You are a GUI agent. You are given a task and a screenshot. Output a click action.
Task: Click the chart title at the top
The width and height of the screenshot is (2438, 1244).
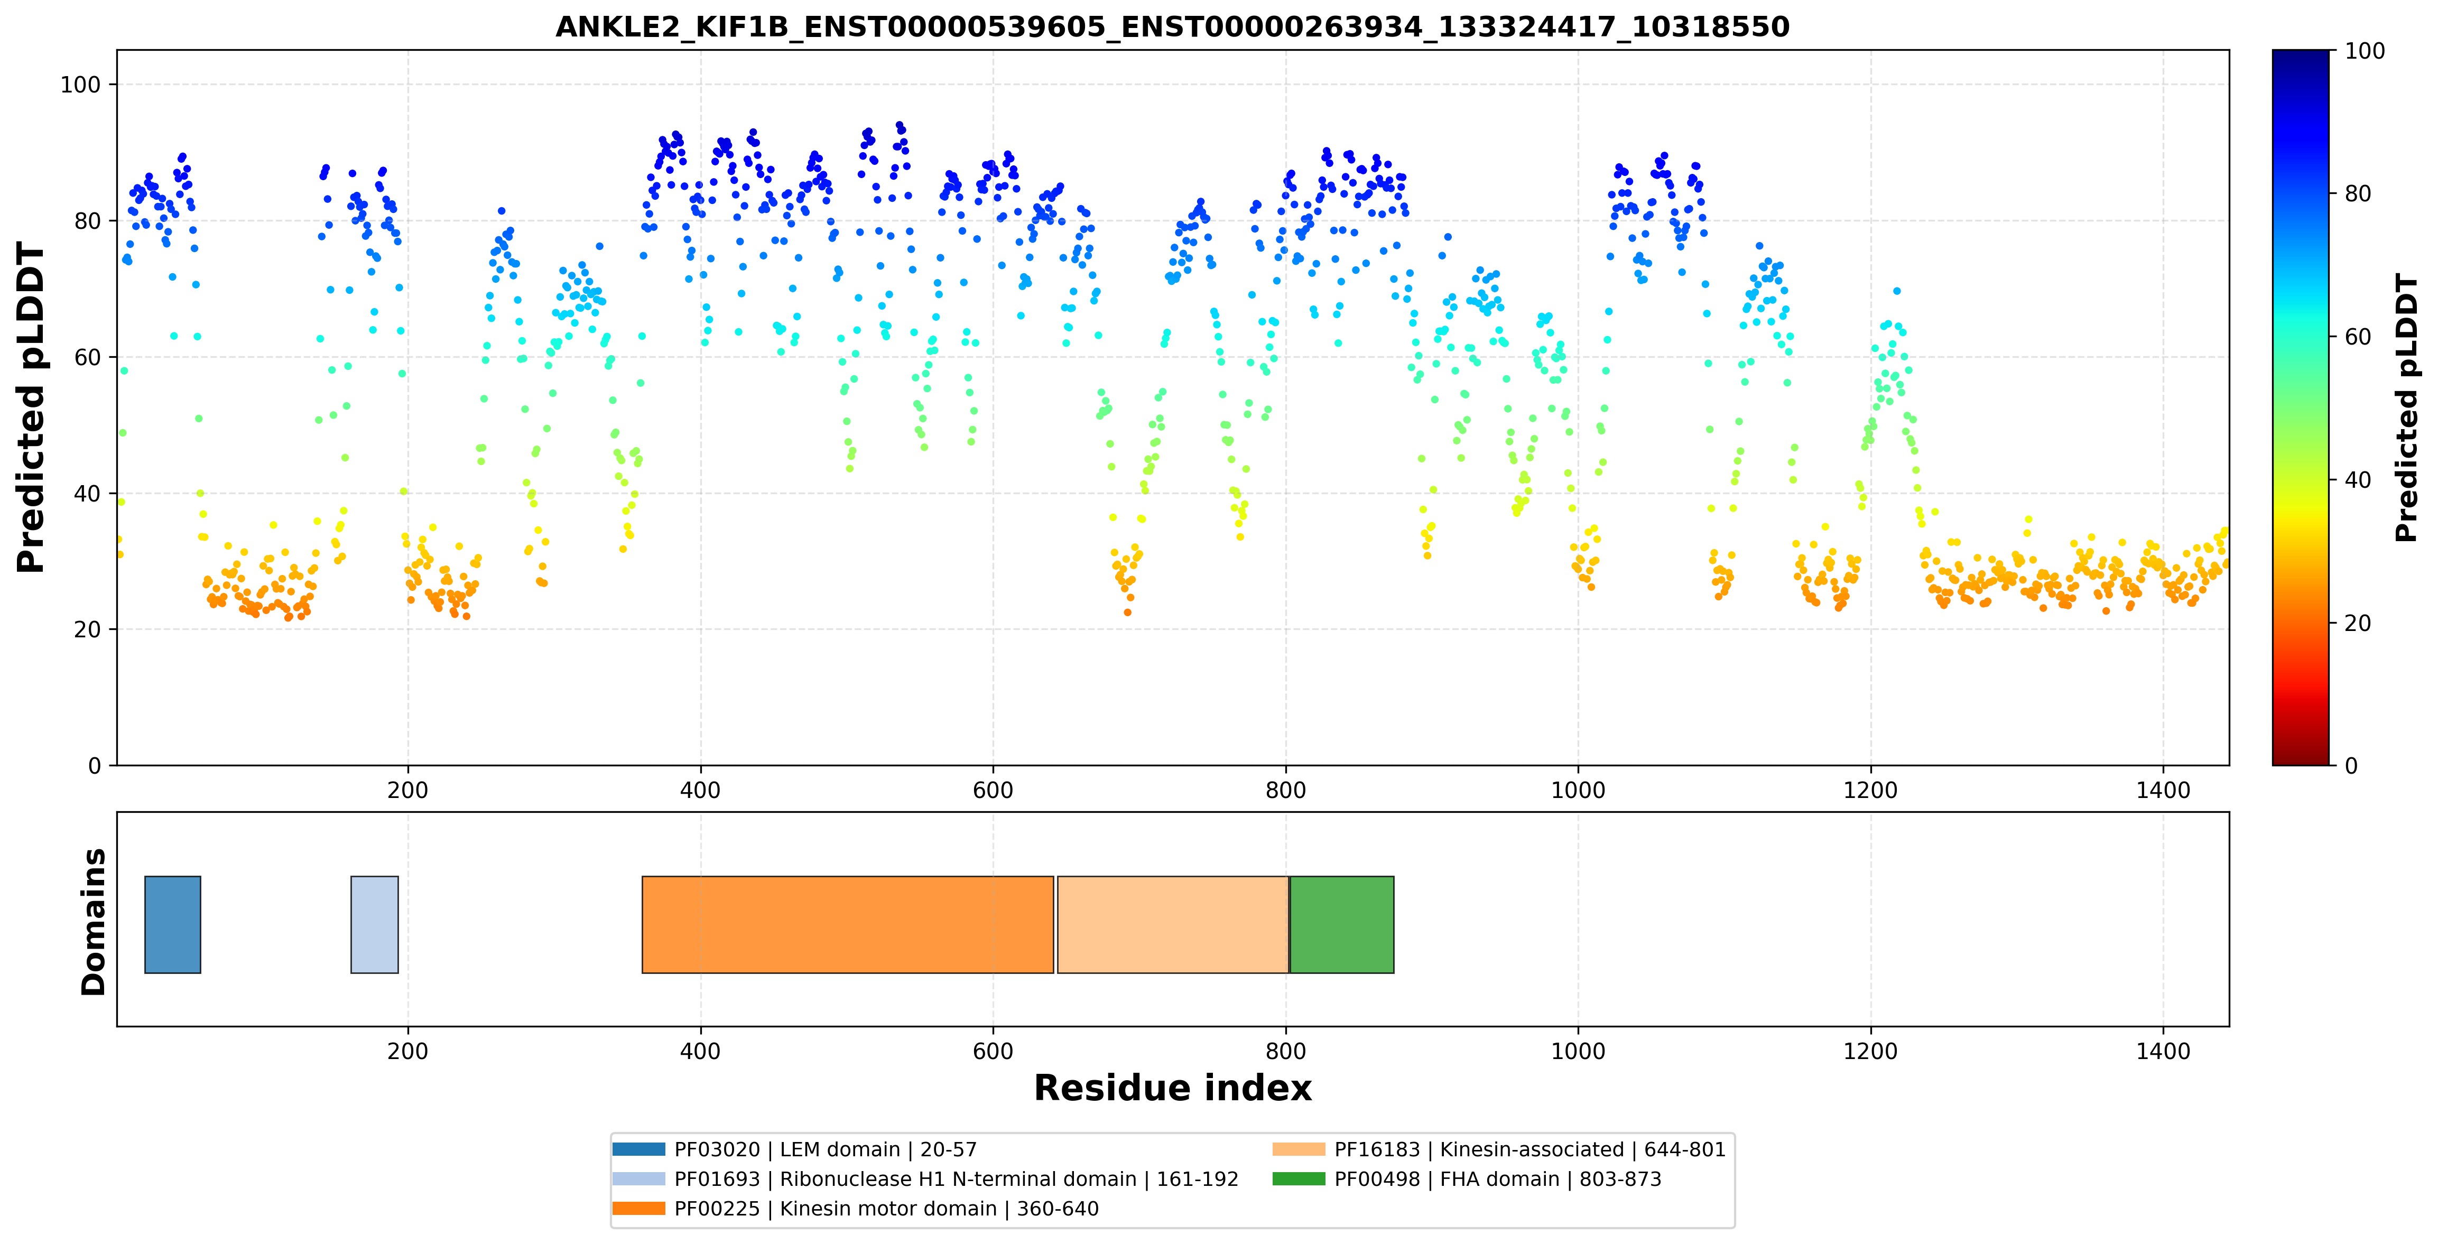point(1173,26)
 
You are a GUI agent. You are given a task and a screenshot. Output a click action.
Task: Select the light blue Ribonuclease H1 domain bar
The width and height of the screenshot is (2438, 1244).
point(375,924)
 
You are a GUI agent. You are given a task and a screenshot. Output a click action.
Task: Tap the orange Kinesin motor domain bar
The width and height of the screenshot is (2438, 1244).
point(848,924)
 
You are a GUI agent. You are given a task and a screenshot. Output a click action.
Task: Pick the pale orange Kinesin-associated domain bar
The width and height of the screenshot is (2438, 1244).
point(1173,924)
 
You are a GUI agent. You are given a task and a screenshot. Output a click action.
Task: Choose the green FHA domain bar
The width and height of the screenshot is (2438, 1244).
point(1342,924)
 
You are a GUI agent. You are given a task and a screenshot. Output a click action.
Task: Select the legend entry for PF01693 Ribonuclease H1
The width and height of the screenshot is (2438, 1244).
point(925,1178)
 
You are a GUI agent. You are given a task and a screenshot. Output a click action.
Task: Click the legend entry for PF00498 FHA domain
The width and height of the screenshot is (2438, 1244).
point(1467,1178)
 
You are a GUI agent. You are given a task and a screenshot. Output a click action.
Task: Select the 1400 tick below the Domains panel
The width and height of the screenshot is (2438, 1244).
point(2164,1051)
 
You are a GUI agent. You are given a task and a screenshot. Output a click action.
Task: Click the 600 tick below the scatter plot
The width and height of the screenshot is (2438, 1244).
point(993,790)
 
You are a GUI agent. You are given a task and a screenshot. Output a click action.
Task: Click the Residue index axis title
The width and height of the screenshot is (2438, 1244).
point(1173,1088)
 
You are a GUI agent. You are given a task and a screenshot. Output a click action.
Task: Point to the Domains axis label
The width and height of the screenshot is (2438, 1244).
point(94,922)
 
